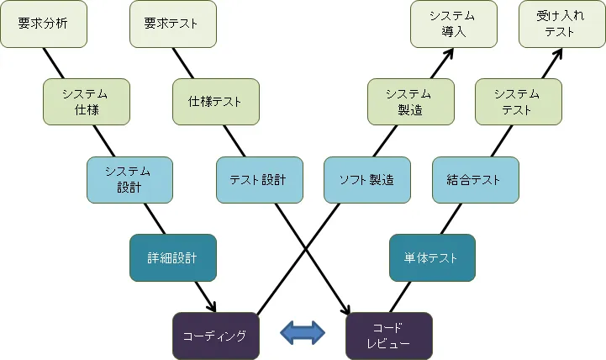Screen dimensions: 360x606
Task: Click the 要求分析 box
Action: coord(42,24)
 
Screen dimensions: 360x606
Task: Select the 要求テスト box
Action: coord(172,24)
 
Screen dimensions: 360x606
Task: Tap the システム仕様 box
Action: coord(86,102)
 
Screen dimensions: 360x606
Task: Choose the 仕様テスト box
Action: coord(215,102)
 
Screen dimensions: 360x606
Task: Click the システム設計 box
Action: coord(129,179)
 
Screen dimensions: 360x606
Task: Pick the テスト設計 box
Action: coord(259,179)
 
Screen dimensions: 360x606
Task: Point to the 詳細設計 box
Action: coord(172,257)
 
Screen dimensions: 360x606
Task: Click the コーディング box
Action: coord(215,335)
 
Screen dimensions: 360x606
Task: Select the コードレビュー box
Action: coord(388,335)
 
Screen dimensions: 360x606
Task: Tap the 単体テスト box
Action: coord(432,257)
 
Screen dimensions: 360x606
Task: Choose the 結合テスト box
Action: coord(475,179)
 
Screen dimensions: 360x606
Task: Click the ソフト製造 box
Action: coord(366,179)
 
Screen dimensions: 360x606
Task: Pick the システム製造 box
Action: coord(410,102)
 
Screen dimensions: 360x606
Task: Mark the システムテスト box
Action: coord(519,102)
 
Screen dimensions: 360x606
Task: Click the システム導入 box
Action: coord(453,24)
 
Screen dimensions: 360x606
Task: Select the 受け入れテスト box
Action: coord(561,24)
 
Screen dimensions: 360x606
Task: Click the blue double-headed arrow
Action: coord(302,333)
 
